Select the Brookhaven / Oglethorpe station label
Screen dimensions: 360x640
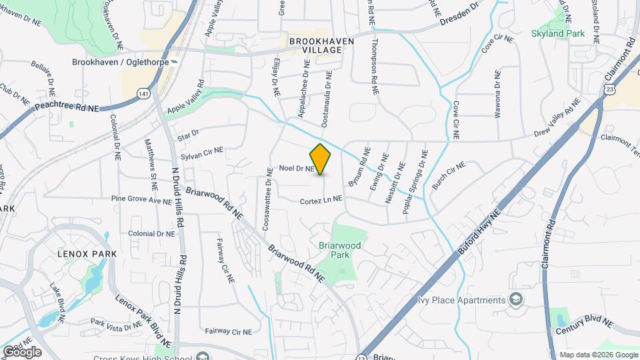pyautogui.click(x=120, y=62)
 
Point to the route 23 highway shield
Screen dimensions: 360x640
pyautogui.click(x=610, y=89)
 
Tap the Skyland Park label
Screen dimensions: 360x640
pyautogui.click(x=557, y=33)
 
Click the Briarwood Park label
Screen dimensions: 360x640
pyautogui.click(x=340, y=250)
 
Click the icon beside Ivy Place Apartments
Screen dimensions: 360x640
pyautogui.click(x=515, y=299)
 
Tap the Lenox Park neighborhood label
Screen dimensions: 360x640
pyautogui.click(x=87, y=254)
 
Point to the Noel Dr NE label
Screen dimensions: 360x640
pyautogui.click(x=297, y=169)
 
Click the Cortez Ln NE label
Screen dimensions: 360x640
pyautogui.click(x=321, y=199)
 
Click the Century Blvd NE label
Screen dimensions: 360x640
pyautogui.click(x=585, y=322)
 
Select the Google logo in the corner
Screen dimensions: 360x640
pyautogui.click(x=21, y=351)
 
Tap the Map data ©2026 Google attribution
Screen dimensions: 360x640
pyautogui.click(x=597, y=355)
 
